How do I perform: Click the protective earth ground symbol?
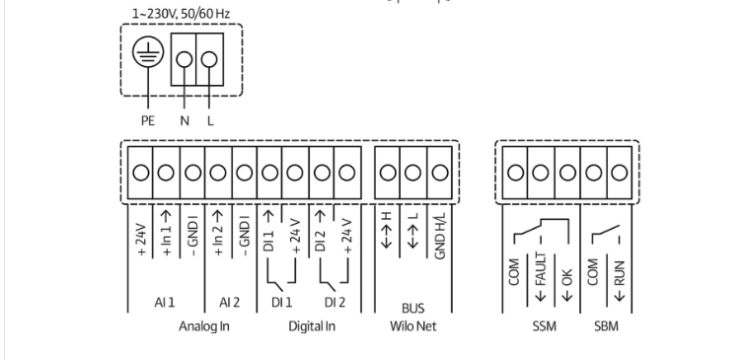point(148,51)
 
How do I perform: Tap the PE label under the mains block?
point(148,121)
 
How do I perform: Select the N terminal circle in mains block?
point(185,59)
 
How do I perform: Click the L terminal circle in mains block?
point(209,59)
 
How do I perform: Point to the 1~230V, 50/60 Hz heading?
point(181,14)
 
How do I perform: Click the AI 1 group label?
point(165,302)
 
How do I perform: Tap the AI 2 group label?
point(230,302)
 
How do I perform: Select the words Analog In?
point(204,326)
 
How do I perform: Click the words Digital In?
point(312,326)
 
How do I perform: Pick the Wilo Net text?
point(412,326)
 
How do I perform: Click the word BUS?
point(412,309)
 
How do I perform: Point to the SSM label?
point(544,326)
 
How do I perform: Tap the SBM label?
point(607,326)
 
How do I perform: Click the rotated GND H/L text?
point(440,236)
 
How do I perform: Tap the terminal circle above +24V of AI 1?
point(141,173)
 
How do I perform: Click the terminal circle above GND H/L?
point(440,173)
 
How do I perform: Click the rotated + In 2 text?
point(218,233)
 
